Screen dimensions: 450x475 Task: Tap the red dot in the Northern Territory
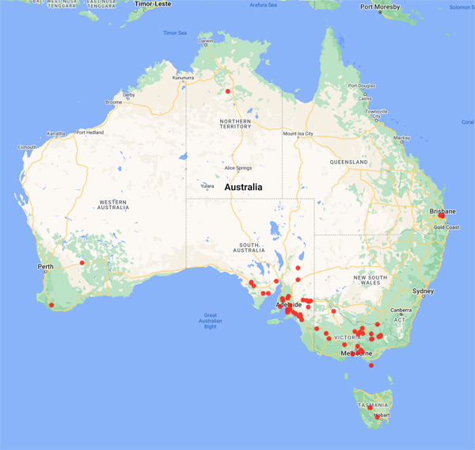pyautogui.click(x=228, y=91)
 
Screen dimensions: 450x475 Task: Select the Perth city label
pyautogui.click(x=45, y=266)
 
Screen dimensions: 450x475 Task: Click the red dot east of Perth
pyautogui.click(x=82, y=263)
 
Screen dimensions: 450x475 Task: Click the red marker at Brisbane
pyautogui.click(x=442, y=215)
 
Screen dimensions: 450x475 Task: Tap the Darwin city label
pyautogui.click(x=205, y=40)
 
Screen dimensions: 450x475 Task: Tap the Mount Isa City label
pyautogui.click(x=299, y=134)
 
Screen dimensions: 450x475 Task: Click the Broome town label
pyautogui.click(x=113, y=102)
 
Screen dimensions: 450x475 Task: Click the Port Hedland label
pyautogui.click(x=90, y=132)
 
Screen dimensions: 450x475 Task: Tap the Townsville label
pyautogui.click(x=376, y=112)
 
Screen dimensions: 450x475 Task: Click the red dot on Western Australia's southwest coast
pyautogui.click(x=51, y=305)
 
